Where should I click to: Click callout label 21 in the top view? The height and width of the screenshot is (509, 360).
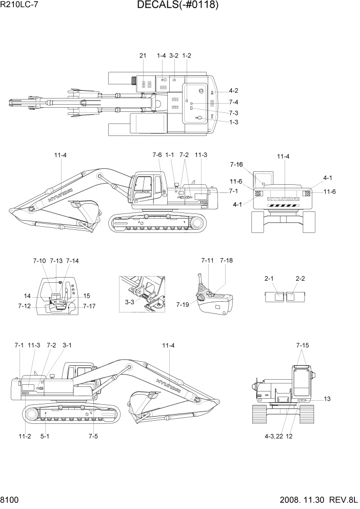coord(143,55)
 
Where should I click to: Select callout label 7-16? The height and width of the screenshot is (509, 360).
coord(236,165)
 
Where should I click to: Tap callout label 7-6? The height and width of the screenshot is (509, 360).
coord(157,154)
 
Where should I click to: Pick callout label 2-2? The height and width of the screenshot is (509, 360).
coord(301,278)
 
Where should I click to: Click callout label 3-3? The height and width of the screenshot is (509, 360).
coord(131,303)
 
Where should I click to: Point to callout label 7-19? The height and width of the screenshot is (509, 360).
coord(183,304)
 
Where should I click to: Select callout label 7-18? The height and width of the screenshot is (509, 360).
coord(226,261)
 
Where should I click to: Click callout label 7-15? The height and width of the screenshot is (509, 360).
coord(303,345)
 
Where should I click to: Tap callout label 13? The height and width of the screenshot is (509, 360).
coord(327,399)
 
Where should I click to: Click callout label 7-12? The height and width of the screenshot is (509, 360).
coord(24,306)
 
